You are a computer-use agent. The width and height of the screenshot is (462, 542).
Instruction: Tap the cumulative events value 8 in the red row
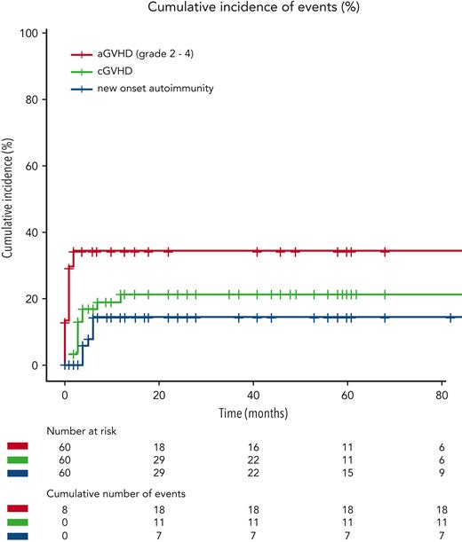64,507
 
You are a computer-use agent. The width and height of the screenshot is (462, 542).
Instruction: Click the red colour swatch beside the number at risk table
17,444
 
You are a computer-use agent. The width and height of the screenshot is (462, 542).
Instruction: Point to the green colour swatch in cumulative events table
17,521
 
